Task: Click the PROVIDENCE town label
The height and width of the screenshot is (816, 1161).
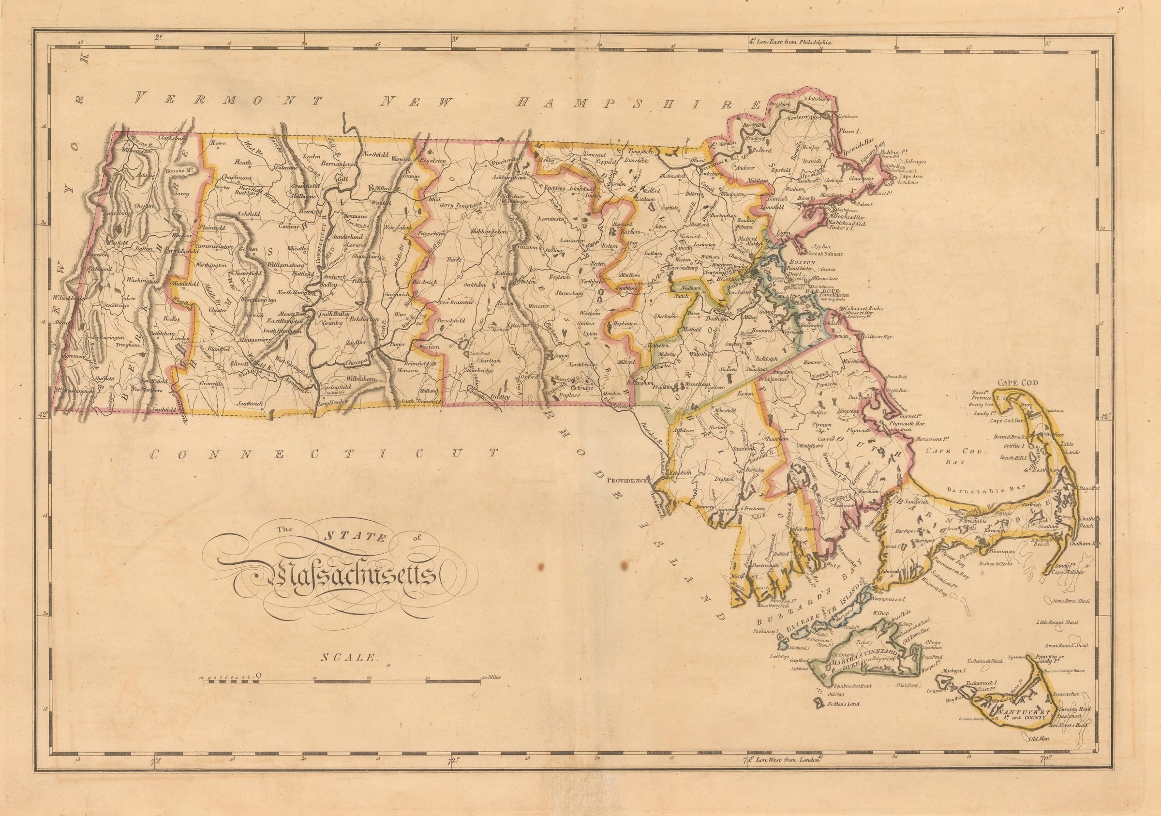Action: coord(627,481)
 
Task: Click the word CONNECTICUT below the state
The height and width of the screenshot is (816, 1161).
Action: coord(324,454)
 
